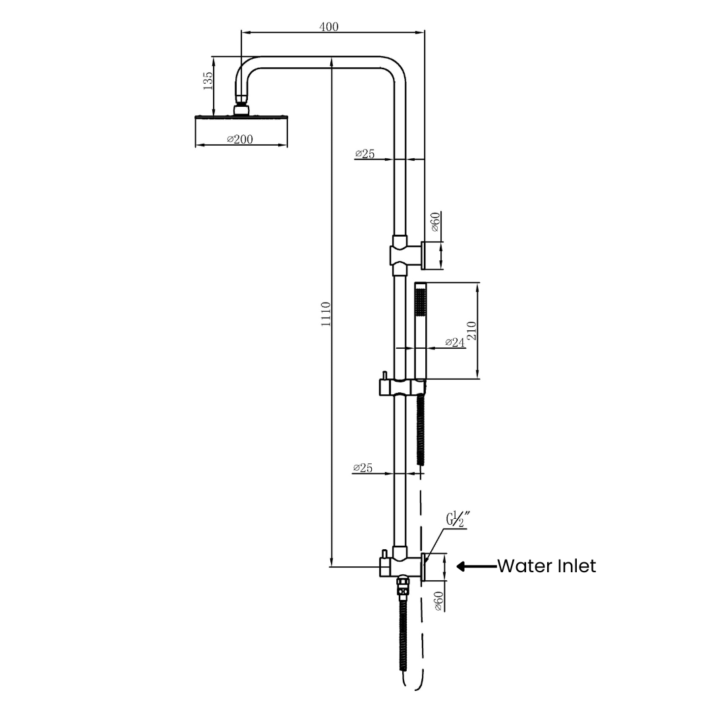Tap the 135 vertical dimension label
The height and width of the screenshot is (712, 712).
coord(208,82)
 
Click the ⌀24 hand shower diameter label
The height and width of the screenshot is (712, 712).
coord(455,342)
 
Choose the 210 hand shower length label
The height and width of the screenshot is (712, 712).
coord(471,331)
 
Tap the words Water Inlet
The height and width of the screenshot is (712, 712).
coord(546,566)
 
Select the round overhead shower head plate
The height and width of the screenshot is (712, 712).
coord(241,118)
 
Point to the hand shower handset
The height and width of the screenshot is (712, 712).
coord(421,330)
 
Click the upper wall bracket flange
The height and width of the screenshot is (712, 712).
coord(423,254)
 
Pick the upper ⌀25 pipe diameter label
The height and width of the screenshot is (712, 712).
coord(365,154)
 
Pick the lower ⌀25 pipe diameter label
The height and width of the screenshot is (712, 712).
coord(363,468)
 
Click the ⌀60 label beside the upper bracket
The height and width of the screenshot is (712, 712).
coord(436,222)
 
